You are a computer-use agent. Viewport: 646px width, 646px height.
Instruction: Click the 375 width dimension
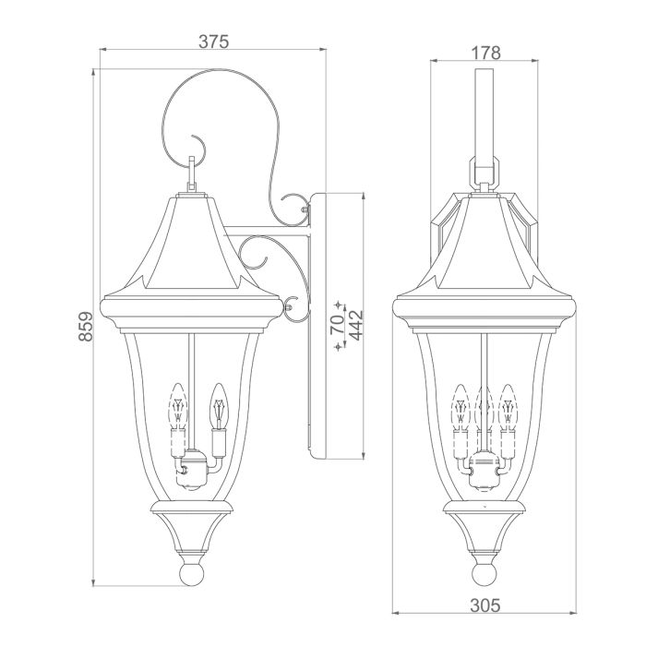(x=212, y=42)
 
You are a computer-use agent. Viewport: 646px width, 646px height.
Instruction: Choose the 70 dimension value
(x=338, y=324)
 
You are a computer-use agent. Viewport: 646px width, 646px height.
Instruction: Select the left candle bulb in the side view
(x=175, y=406)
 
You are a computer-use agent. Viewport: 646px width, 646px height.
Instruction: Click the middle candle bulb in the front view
(x=484, y=406)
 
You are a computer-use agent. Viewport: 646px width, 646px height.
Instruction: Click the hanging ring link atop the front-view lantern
(x=484, y=171)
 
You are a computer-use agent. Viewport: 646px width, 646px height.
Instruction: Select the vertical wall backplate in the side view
(x=314, y=323)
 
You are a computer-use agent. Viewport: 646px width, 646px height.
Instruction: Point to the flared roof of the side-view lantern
(x=191, y=245)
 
